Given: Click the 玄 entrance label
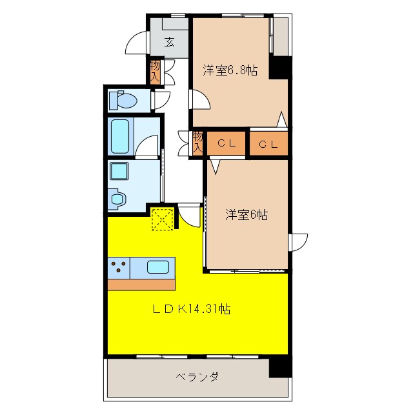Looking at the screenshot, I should point(169,43).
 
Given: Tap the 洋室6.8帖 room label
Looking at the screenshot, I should point(230,70).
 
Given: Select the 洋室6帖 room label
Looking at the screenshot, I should point(247,216).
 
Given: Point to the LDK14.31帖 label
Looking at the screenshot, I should point(192,309).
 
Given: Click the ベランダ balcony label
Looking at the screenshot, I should point(197,377).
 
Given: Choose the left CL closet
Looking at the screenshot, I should point(226,144).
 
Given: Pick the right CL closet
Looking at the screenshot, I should point(268,144).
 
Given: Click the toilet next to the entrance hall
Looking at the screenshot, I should point(123,100).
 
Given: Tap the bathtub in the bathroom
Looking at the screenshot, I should point(121,136).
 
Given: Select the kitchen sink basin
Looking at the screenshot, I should point(159,267).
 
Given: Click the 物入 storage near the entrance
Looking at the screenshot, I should point(155,70).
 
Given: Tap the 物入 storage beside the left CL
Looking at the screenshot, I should point(197,143).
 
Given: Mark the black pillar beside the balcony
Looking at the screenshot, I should point(279,366).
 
